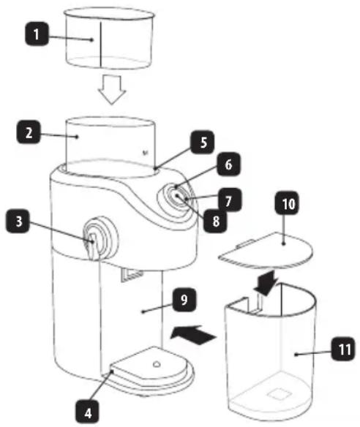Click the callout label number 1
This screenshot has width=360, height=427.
[37, 34]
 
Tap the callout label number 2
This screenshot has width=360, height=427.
[29, 132]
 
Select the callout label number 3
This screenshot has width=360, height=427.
[18, 221]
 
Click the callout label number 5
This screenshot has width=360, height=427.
[203, 142]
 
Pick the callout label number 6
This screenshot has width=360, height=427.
[228, 164]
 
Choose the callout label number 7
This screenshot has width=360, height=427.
[230, 200]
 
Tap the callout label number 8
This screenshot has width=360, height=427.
[215, 221]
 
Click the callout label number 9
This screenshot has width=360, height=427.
[184, 299]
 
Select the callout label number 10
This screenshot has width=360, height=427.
[287, 203]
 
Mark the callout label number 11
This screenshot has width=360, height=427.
[343, 349]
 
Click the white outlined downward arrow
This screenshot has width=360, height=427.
[112, 90]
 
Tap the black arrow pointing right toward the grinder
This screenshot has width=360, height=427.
[193, 335]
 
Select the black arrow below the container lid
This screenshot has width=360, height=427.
[266, 283]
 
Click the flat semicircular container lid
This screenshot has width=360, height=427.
[266, 250]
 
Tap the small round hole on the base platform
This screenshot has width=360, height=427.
[157, 364]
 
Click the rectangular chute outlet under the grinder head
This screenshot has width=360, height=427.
[132, 274]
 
